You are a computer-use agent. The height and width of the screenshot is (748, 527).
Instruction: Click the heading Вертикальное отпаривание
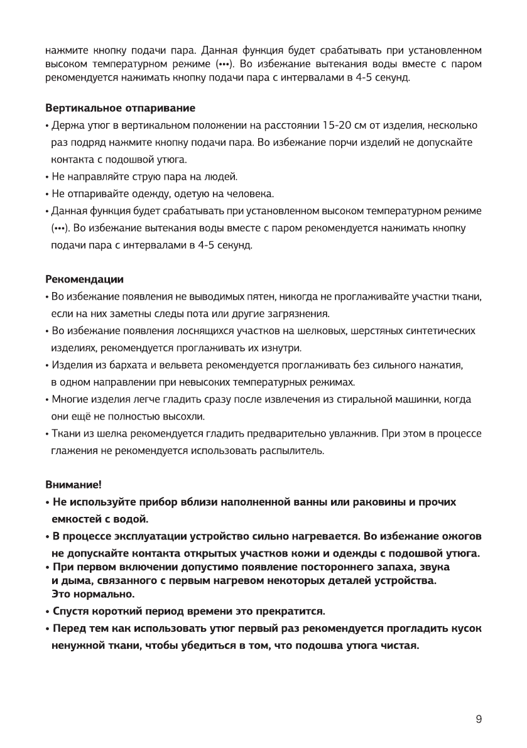(x=120, y=109)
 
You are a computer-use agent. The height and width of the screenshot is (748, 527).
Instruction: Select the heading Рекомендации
(x=85, y=279)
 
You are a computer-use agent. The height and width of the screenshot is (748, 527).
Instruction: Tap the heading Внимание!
(x=73, y=485)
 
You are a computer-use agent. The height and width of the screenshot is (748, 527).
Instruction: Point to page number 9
(x=479, y=719)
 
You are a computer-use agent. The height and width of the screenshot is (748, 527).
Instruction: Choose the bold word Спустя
(x=73, y=610)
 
